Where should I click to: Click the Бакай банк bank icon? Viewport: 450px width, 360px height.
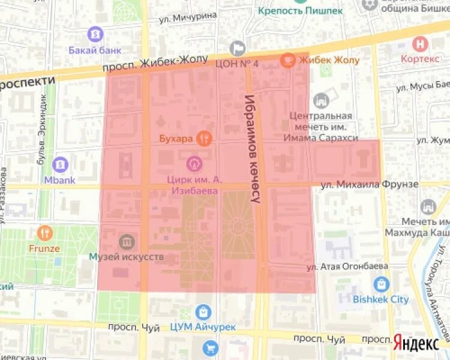click(94, 34)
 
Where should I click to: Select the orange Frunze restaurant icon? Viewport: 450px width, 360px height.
click(45, 232)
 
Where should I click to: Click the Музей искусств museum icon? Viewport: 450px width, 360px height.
click(127, 242)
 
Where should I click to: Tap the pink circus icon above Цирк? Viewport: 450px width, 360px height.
click(194, 162)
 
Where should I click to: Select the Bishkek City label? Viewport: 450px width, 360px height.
click(380, 299)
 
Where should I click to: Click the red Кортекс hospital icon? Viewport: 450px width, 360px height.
click(421, 43)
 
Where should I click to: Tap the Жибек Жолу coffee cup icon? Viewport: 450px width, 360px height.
click(288, 59)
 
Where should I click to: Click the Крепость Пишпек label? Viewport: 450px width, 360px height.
click(301, 10)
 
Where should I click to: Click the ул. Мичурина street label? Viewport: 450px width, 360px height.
click(188, 17)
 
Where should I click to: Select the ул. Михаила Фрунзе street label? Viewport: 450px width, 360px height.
click(369, 184)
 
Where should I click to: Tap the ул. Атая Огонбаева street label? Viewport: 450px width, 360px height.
click(347, 266)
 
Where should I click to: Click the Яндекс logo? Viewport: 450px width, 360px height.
click(416, 343)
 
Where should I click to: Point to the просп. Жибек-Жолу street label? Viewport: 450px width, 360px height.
click(155, 64)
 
